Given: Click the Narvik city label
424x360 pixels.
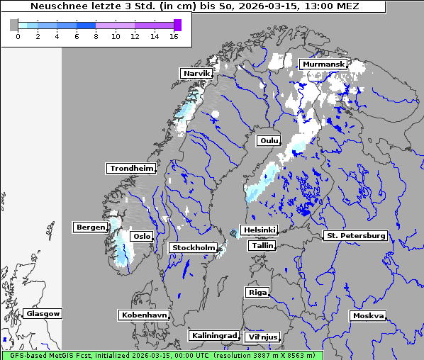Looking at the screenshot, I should click(197, 74).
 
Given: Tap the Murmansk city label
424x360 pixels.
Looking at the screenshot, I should click(323, 64).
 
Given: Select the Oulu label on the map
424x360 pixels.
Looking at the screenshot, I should click(269, 141).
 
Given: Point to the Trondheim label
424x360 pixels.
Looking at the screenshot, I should click(131, 169).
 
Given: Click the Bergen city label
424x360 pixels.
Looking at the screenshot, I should click(90, 227).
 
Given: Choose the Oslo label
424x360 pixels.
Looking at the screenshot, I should click(142, 237).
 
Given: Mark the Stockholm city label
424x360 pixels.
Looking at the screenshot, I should click(194, 247).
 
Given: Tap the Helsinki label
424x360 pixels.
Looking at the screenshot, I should click(259, 230).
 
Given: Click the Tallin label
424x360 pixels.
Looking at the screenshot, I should click(262, 246).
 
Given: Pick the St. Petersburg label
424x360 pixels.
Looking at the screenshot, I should click(355, 235).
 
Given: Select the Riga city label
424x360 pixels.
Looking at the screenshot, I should click(257, 292).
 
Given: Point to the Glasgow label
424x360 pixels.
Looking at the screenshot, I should click(43, 314).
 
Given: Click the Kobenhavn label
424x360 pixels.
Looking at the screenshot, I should click(144, 315).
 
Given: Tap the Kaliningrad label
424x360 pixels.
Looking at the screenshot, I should click(214, 335).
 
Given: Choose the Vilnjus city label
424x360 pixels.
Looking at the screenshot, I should click(262, 337).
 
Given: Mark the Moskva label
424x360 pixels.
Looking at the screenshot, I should click(369, 316).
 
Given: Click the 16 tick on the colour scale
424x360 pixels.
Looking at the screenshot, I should click(174, 36).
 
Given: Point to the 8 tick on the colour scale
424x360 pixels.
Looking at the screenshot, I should click(96, 36).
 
